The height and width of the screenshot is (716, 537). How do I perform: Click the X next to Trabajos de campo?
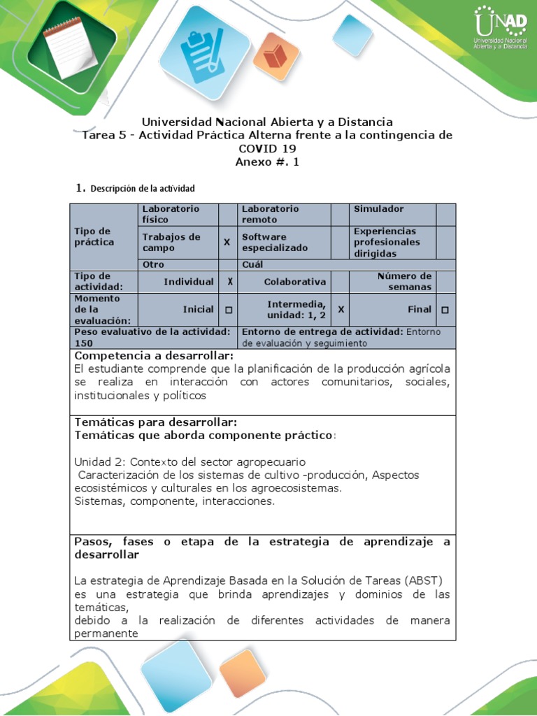(227, 243)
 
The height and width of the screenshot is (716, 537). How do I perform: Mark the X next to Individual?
(228, 282)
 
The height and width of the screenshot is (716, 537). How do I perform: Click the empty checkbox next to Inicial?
(228, 309)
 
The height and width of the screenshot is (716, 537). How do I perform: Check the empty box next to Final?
(445, 309)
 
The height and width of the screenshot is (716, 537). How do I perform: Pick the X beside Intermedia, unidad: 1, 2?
(340, 309)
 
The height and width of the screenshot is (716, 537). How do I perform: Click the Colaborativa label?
(294, 282)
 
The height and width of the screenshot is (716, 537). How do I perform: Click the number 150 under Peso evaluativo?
(83, 343)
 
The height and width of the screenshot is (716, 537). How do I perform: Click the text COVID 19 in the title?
(267, 148)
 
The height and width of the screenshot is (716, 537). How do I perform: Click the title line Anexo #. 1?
(267, 162)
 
